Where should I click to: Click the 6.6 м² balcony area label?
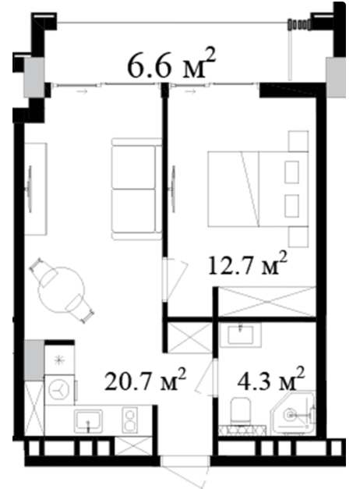tap(171, 64)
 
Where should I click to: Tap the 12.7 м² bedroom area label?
tap(247, 264)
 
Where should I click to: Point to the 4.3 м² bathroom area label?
tap(270, 379)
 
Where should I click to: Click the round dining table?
tap(62, 290)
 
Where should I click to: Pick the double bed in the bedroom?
tap(258, 189)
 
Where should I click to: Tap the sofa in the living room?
tap(137, 189)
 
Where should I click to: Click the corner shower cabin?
tap(292, 413)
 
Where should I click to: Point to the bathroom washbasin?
tap(240, 335)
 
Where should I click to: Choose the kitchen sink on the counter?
tap(88, 421)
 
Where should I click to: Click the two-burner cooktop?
tap(129, 420)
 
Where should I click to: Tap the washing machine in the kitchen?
tap(59, 390)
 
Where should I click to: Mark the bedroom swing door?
tap(175, 279)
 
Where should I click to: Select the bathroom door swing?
tap(206, 377)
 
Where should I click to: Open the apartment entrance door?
tap(185, 473)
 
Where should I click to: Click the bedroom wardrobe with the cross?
tap(267, 302)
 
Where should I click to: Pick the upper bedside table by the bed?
tap(298, 141)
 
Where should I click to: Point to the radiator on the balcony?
tap(299, 25)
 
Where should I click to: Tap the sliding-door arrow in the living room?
tap(82, 91)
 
